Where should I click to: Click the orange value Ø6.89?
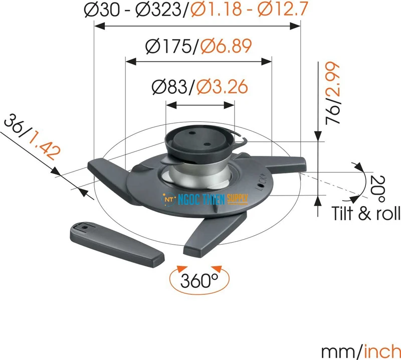[x=226, y=47]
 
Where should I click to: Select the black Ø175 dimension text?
[x=169, y=47]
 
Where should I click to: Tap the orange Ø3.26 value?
[x=222, y=87]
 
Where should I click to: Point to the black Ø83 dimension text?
[x=172, y=87]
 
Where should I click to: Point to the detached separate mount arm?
[x=117, y=243]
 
